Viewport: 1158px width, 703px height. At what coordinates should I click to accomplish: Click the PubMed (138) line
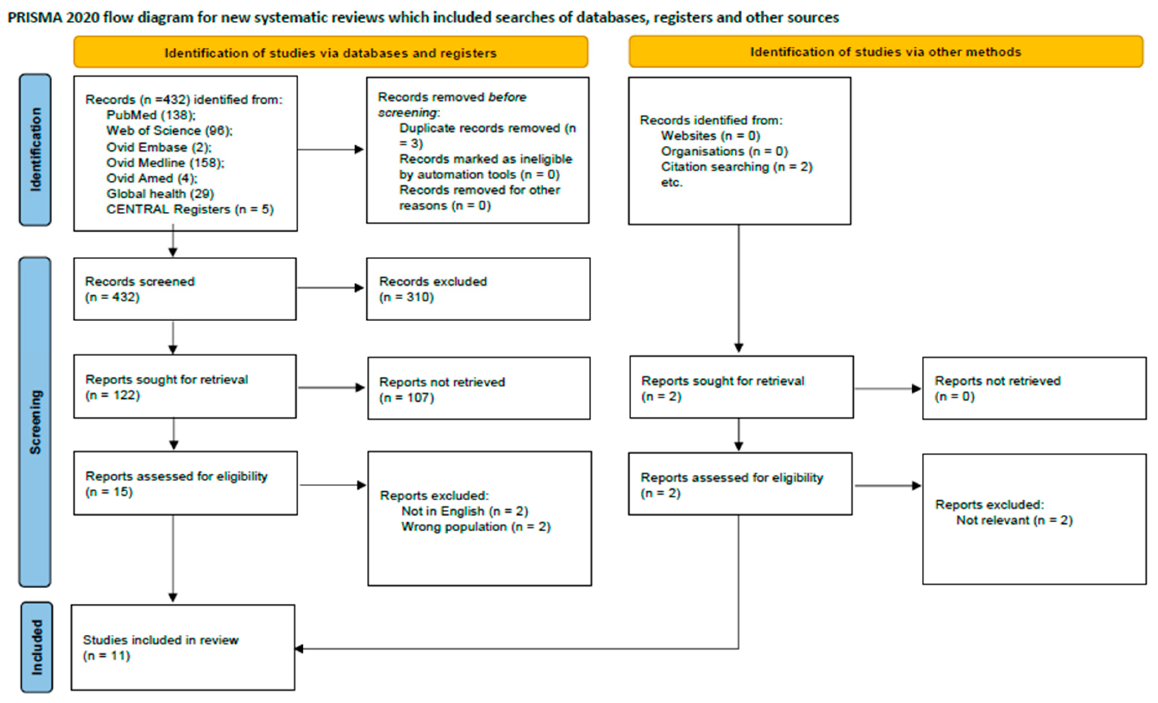(151, 115)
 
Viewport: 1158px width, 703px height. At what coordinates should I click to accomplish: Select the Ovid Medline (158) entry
(165, 163)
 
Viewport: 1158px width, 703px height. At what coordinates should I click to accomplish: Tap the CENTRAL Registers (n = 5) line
(189, 209)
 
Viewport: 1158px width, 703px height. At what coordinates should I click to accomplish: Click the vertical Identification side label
(35, 150)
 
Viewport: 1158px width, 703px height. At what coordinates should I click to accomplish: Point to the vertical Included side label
(37, 647)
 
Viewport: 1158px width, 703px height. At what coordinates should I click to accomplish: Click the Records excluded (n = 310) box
(478, 289)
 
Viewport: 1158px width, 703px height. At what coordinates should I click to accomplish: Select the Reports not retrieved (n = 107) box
(478, 389)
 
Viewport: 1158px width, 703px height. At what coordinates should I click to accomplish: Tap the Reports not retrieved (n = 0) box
(1034, 388)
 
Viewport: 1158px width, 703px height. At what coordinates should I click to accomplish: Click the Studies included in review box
(183, 647)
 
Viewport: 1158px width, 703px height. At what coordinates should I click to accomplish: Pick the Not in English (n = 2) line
(464, 511)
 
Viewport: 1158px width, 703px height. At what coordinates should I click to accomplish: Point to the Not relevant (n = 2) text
(1014, 520)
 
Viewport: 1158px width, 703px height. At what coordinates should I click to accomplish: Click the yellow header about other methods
(886, 52)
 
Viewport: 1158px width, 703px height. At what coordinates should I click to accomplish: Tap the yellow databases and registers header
(331, 53)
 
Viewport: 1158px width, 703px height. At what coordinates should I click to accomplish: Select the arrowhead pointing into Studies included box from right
(299, 649)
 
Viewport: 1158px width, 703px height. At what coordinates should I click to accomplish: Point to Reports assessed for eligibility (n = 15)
(176, 484)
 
